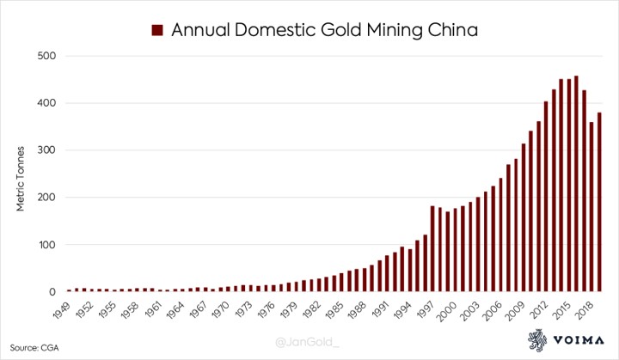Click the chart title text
pos(324,30)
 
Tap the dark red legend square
pos(157,30)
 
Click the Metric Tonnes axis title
pos(21,174)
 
